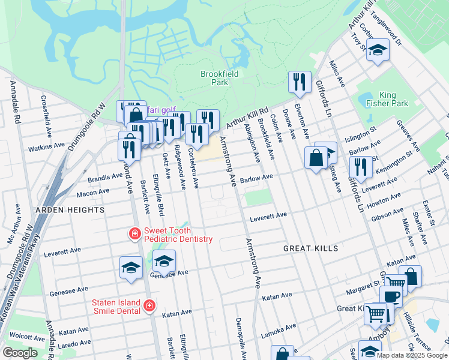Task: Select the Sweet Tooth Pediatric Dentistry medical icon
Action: tap(136, 233)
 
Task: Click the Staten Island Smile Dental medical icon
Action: tap(149, 306)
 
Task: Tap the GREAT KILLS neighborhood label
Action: tap(311, 248)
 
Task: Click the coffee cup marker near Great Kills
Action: tap(391, 296)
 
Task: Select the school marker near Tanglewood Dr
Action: tap(378, 50)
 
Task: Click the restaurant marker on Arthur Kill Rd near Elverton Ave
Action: tap(300, 82)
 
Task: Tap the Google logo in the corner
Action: tap(20, 353)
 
